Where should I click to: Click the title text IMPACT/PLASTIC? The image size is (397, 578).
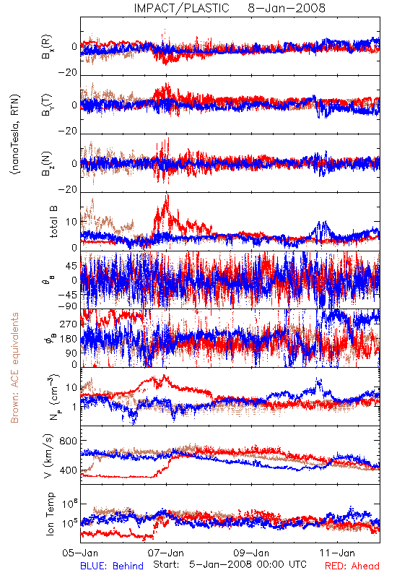coord(182,8)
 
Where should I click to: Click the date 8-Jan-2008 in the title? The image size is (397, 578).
coord(287,8)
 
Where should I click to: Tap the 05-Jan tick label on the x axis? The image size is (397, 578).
coord(80,553)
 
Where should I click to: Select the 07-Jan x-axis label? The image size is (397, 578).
coord(166,553)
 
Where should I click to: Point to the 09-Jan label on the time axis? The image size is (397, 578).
coord(251,553)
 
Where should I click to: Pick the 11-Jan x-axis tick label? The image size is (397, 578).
coord(337,553)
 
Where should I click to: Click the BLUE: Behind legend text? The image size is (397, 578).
coord(112,566)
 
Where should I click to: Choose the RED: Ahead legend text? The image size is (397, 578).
coord(352,566)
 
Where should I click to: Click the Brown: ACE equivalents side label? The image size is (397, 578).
coord(14,368)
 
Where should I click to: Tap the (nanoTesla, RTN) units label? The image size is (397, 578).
coord(15,134)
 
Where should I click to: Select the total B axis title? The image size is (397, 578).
coord(53,222)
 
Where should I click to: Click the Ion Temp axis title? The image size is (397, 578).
coord(50,514)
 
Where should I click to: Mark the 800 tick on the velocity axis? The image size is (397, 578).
coord(68,441)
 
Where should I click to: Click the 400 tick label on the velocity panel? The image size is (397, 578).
coord(68,470)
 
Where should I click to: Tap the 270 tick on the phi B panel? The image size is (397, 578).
coord(69,324)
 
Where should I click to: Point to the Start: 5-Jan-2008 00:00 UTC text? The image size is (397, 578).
coord(230,564)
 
